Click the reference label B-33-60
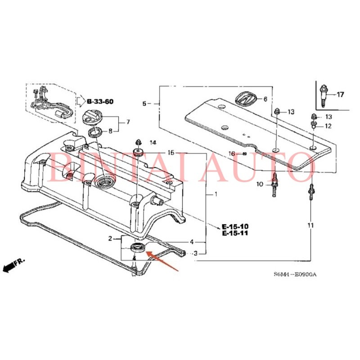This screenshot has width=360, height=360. (100, 102)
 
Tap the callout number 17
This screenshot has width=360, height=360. (340, 94)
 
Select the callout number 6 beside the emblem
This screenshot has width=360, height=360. (265, 99)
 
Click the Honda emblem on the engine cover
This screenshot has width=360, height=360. (246, 98)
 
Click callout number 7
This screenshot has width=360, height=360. (128, 122)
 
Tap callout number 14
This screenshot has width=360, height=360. (153, 143)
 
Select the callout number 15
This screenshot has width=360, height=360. (171, 153)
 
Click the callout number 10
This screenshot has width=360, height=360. (259, 184)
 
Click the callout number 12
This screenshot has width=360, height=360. (328, 126)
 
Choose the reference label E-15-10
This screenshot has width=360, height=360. (234, 226)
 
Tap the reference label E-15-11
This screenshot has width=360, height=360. (234, 234)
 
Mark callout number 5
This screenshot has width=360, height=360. (144, 104)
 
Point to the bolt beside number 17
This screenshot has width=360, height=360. (324, 94)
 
